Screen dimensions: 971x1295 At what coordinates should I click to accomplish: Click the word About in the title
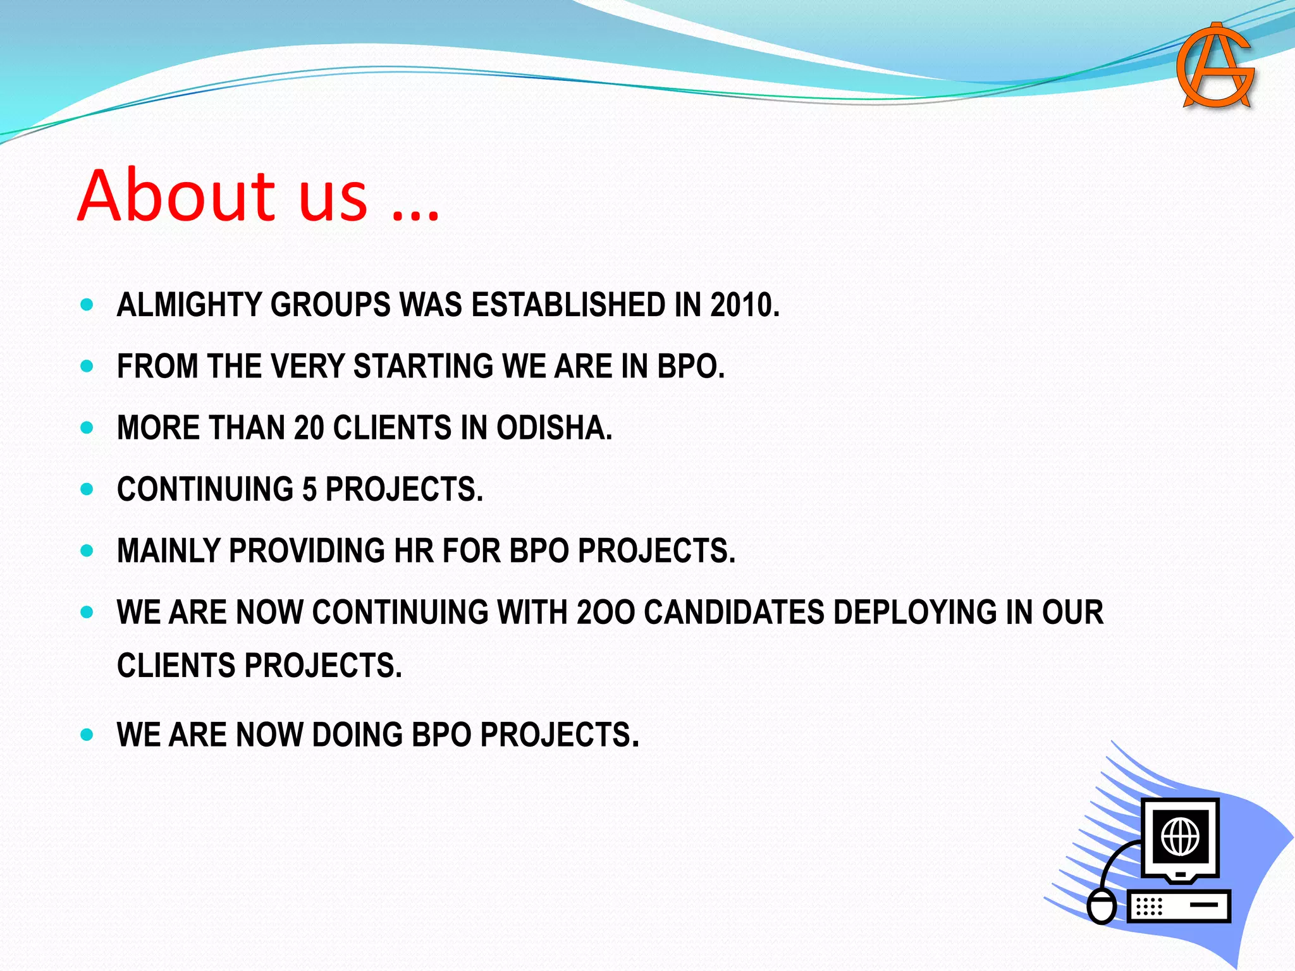(x=176, y=195)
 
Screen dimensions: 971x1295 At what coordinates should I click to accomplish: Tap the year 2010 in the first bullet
(x=744, y=305)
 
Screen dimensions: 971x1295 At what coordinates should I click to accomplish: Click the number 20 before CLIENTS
(x=309, y=428)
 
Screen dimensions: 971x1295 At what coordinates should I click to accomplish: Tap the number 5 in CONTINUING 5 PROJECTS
(x=309, y=489)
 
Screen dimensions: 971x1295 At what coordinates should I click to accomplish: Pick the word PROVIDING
(x=307, y=551)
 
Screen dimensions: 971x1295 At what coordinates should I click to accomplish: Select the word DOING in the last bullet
(x=357, y=735)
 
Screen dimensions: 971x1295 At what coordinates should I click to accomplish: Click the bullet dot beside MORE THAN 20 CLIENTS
(x=87, y=428)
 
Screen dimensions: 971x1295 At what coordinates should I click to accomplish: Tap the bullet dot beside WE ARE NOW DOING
(x=87, y=735)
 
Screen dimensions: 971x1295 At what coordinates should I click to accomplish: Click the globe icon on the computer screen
(x=1180, y=836)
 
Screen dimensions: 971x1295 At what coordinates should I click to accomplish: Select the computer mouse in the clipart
(x=1102, y=905)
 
